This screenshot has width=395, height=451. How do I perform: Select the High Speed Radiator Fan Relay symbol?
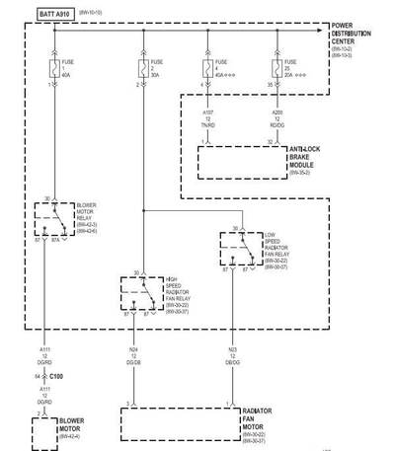[144, 293]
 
